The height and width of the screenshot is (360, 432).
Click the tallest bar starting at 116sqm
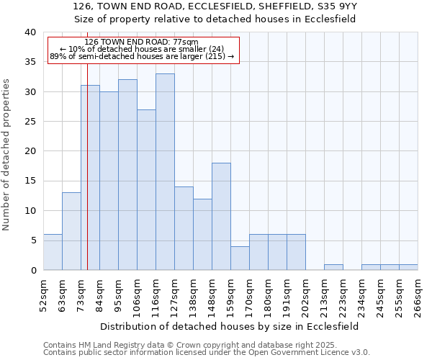pos(165,172)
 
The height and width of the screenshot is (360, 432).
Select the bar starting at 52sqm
pos(53,252)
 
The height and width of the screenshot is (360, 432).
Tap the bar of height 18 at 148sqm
pos(221,217)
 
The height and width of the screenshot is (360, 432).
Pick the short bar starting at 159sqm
pos(240,258)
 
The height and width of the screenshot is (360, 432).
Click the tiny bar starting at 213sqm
pos(333,267)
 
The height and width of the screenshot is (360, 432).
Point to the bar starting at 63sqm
pos(71,231)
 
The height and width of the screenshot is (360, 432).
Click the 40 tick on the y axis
pos(30,32)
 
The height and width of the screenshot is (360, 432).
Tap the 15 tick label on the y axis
pos(30,181)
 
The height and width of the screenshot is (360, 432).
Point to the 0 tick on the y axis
pos(32,270)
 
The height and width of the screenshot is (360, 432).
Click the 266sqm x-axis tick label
pos(418,295)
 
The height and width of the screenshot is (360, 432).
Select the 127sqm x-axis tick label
pos(174,295)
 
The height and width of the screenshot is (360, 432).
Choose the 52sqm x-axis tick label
pos(43,295)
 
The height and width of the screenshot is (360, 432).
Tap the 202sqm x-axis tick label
pos(305,295)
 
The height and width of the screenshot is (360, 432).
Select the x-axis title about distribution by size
pos(229,326)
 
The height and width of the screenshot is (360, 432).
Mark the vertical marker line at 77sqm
pos(87,180)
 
